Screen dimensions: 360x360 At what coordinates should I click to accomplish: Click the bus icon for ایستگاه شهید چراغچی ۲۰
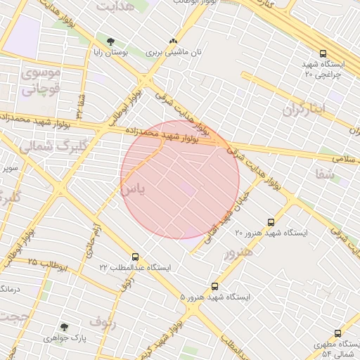[323, 53]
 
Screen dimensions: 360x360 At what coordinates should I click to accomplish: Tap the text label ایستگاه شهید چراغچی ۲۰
[321, 69]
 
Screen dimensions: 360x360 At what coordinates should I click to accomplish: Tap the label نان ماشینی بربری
[174, 53]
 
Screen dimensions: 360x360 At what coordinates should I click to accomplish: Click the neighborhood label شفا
[325, 173]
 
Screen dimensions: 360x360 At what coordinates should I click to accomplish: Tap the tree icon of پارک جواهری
[65, 327]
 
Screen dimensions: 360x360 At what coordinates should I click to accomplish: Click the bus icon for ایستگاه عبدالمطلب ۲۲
[135, 257]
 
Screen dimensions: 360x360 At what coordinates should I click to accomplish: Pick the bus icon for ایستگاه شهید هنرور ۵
[214, 286]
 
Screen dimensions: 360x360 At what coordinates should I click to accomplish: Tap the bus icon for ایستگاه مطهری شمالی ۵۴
[337, 334]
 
